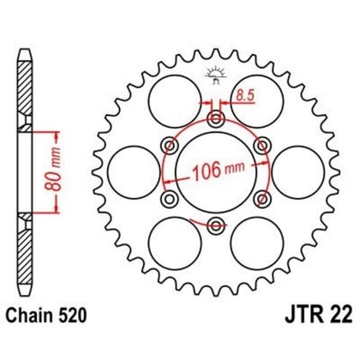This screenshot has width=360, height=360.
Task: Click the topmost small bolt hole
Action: pyautogui.click(x=215, y=117)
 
